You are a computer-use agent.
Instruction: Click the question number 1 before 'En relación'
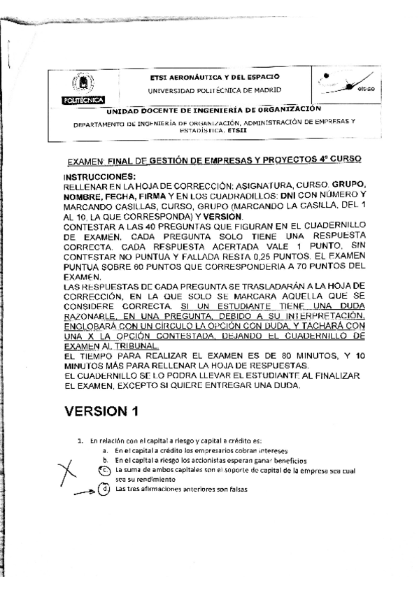pos(80,441)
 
